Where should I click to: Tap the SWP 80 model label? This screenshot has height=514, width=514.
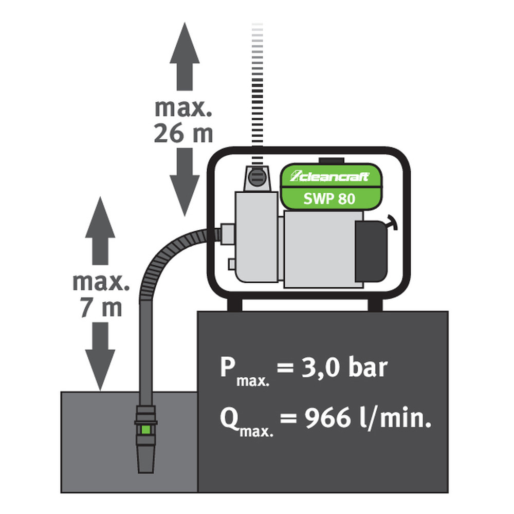[x=329, y=198]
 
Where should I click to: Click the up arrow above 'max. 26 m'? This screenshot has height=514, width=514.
[x=184, y=57]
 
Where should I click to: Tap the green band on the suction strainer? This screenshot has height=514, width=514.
[x=145, y=429]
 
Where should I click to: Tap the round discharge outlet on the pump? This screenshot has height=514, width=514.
[x=255, y=179]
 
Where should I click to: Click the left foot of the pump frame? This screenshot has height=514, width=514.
[x=234, y=304]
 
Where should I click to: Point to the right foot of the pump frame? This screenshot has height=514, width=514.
[x=375, y=304]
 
